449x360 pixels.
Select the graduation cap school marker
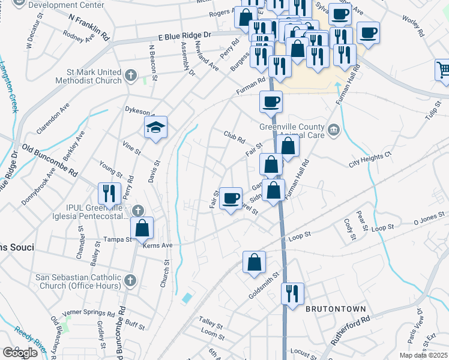[x=155, y=127]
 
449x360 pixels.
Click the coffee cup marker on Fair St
[x=231, y=198]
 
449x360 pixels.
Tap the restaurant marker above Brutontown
[x=292, y=294]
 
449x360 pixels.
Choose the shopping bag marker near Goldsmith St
[x=254, y=262]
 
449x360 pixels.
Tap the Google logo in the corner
[x=20, y=353]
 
